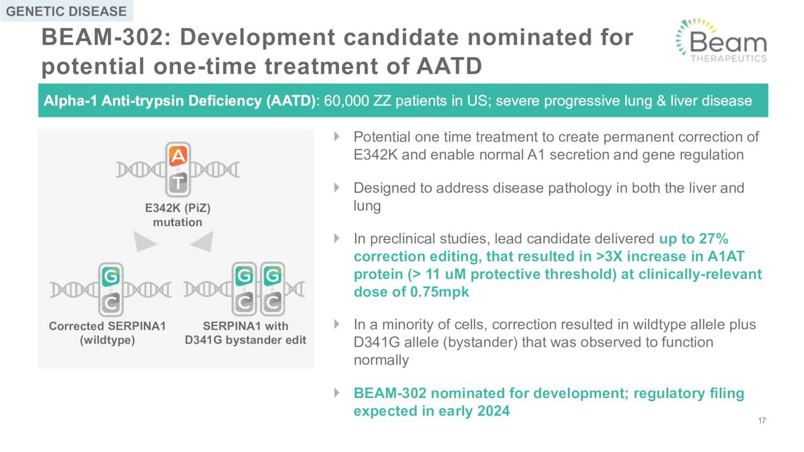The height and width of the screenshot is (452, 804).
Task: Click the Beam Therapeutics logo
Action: [722, 41]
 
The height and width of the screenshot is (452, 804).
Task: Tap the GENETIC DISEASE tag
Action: [67, 11]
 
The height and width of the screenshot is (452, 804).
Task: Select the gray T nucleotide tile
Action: [178, 183]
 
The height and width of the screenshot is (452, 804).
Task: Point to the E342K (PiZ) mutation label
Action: [178, 215]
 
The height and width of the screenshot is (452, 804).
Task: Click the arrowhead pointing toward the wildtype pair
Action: [144, 242]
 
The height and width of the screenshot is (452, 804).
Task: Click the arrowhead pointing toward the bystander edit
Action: [202, 241]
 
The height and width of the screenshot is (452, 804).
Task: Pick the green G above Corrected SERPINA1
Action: [111, 277]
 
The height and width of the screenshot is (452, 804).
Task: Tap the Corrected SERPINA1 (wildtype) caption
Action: [107, 333]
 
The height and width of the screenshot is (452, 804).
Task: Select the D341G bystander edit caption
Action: [246, 340]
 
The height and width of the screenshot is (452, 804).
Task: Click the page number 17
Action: [762, 421]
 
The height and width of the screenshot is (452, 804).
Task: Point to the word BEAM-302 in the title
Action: [102, 37]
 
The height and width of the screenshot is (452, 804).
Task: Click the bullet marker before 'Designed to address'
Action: [337, 187]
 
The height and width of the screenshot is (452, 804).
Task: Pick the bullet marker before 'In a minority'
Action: [337, 324]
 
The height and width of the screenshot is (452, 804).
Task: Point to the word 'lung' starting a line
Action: [367, 206]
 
